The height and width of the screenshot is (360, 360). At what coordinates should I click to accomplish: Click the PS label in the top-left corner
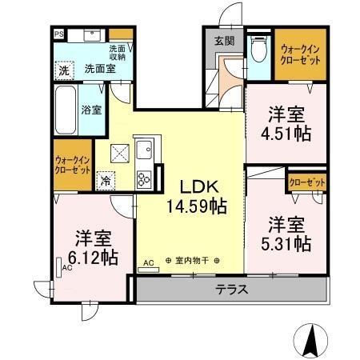[x=59, y=34]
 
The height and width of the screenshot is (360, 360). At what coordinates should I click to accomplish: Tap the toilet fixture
[x=257, y=50]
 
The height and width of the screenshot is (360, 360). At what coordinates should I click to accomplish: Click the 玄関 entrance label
[x=225, y=42]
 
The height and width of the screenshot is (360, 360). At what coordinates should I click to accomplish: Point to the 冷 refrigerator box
[x=106, y=181]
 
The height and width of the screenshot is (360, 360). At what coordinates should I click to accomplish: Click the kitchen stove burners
[x=146, y=178]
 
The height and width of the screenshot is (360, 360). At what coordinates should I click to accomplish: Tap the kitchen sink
[x=145, y=149]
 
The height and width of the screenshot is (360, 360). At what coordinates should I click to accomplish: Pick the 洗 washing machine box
[x=63, y=70]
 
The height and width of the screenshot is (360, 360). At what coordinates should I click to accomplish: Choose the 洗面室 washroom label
[x=98, y=70]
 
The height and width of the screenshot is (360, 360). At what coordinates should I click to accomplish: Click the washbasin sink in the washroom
[x=90, y=36]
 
